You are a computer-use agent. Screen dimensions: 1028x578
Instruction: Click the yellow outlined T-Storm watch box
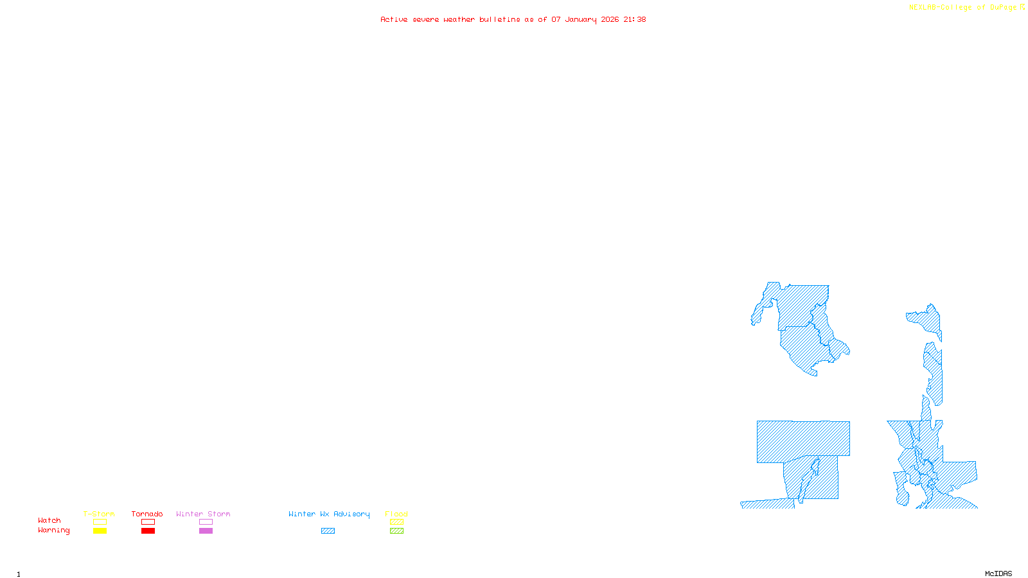click(100, 522)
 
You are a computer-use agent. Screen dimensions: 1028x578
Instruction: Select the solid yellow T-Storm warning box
click(100, 531)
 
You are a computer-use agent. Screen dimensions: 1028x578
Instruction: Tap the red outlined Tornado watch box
click(148, 522)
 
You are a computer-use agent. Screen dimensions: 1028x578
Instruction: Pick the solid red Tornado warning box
click(148, 531)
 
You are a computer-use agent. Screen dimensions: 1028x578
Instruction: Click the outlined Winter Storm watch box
click(206, 522)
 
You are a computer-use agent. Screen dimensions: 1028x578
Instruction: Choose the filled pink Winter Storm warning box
click(206, 531)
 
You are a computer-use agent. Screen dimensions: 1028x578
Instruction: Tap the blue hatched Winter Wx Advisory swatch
click(328, 531)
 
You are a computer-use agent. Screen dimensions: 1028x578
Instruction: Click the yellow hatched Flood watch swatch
click(396, 522)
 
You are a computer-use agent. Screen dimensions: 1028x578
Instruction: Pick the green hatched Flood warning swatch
click(396, 531)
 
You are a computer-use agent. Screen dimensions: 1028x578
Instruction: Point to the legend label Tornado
click(147, 514)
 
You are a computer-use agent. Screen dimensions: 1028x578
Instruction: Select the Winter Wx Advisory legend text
click(329, 514)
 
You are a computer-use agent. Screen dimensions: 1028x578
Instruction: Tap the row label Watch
click(49, 521)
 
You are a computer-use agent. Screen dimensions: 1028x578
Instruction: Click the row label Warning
click(53, 530)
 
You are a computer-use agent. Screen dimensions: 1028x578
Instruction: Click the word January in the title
click(580, 20)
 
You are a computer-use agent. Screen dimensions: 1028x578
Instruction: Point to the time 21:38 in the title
click(634, 20)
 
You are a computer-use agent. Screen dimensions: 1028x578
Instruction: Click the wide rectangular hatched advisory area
click(803, 441)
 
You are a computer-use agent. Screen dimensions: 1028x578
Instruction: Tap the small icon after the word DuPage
click(1022, 7)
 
